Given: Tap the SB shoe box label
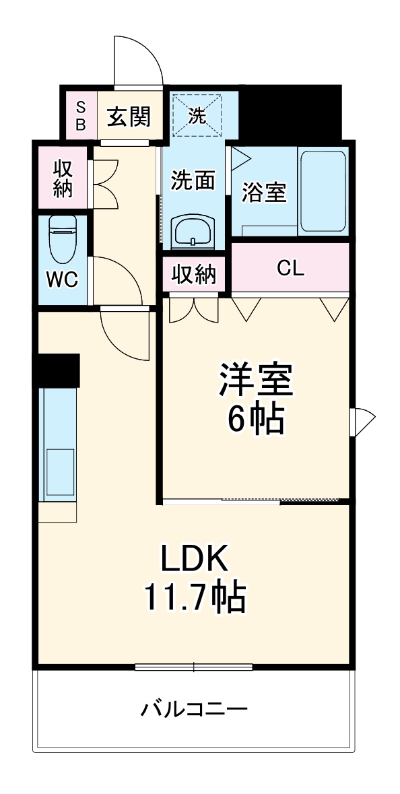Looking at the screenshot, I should point(80,115).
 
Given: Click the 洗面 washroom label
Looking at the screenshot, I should point(193,180).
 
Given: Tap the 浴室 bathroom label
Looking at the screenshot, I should point(264,193).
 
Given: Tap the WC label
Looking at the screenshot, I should point(62,278).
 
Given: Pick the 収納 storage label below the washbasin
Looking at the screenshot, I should point(194,274).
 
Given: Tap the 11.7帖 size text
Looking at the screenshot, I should point(194,596).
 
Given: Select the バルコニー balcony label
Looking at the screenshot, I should point(194,709).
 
